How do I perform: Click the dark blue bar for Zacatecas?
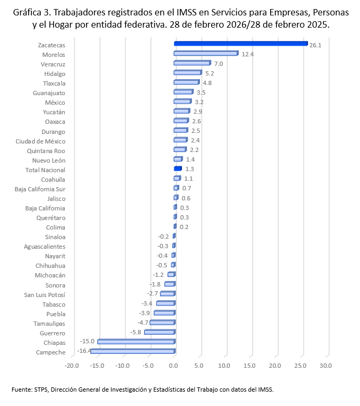tap(240, 44)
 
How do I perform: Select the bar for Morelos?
tap(205, 54)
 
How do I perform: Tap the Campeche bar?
tap(132, 351)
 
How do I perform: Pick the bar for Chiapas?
tap(136, 342)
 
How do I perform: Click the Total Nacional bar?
tap(178, 169)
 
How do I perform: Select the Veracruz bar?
tap(191, 63)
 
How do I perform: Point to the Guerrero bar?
tap(159, 332)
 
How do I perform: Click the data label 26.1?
tap(315, 45)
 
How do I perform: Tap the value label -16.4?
tap(84, 351)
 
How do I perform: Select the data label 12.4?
tap(247, 54)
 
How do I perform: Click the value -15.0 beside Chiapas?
tap(87, 341)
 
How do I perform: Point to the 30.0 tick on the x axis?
tap(325, 366)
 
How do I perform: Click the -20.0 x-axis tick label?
tap(71, 366)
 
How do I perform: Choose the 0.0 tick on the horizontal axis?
tap(174, 366)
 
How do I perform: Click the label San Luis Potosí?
tap(45, 294)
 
